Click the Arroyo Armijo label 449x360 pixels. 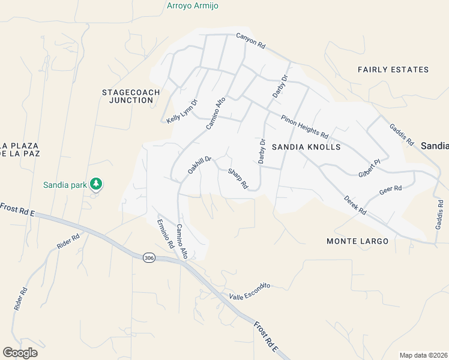pyautogui.click(x=192, y=6)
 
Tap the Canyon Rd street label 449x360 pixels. pyautogui.click(x=250, y=40)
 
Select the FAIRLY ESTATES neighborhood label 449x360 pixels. pyautogui.click(x=393, y=70)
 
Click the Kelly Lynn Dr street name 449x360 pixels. pyautogui.click(x=182, y=112)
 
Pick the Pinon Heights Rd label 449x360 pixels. pyautogui.click(x=305, y=125)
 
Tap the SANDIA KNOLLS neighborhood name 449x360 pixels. pyautogui.click(x=306, y=147)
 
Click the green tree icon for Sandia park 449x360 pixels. pyautogui.click(x=95, y=183)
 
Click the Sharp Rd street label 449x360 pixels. pyautogui.click(x=238, y=179)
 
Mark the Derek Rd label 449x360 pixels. pyautogui.click(x=355, y=205)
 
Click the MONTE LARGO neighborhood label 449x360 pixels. pyautogui.click(x=357, y=241)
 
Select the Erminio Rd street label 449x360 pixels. pyautogui.click(x=165, y=234)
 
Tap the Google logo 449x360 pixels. pyautogui.click(x=20, y=353)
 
